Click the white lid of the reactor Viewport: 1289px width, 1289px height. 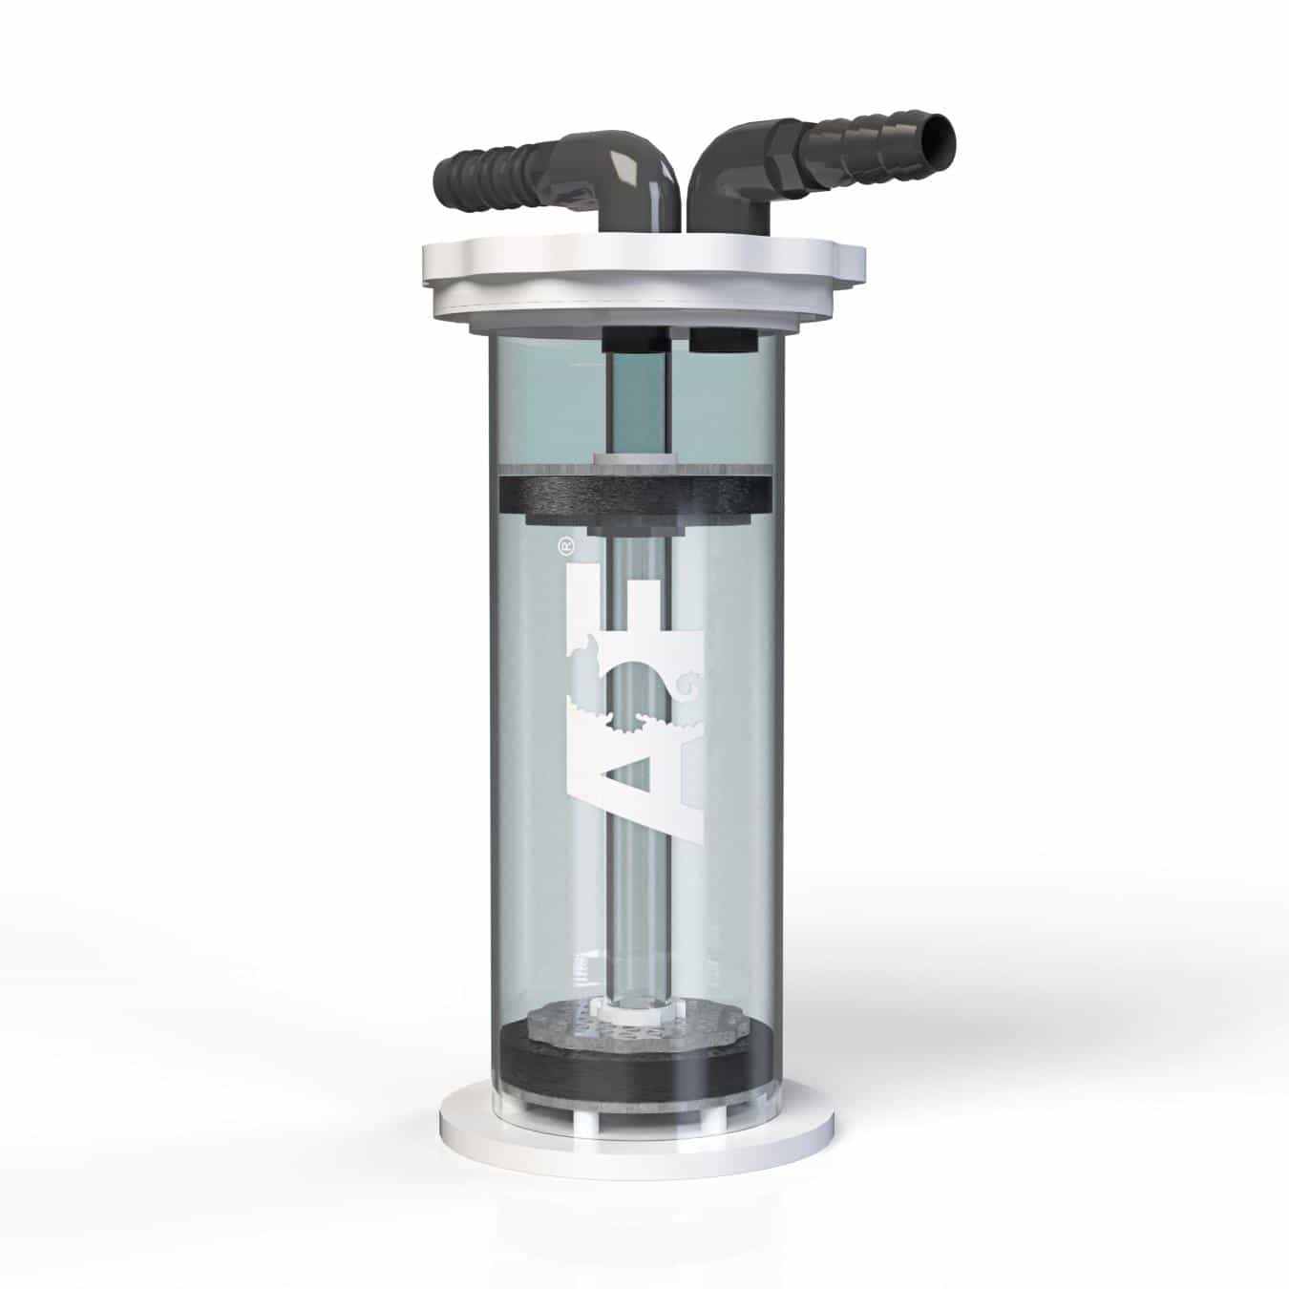click(642, 277)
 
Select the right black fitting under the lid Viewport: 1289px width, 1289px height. click(721, 337)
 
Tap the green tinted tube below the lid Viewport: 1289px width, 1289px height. click(637, 401)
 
